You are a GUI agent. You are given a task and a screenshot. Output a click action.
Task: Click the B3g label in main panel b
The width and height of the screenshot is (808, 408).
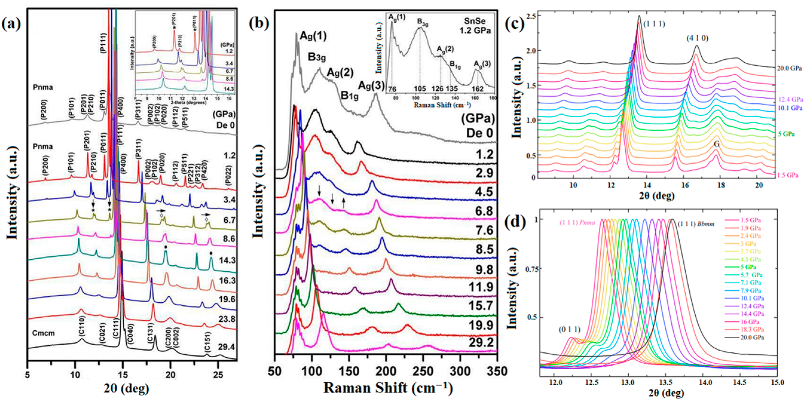[316, 57]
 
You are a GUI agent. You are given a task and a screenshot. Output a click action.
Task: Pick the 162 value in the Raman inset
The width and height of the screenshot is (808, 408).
[478, 89]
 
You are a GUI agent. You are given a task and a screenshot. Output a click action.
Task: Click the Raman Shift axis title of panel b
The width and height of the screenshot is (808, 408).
[388, 388]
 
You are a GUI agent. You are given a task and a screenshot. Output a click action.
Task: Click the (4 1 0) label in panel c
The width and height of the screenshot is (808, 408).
[697, 39]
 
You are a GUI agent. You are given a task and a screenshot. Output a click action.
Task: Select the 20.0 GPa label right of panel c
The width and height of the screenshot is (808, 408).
[789, 68]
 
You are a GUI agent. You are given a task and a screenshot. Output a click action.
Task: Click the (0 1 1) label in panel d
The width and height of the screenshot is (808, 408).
[569, 329]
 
